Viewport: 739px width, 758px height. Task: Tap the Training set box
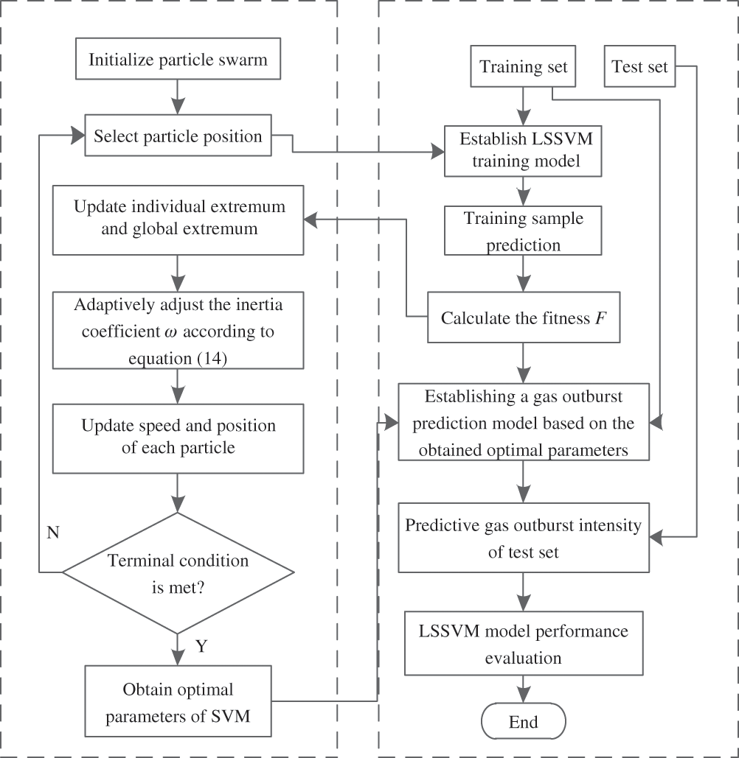(524, 67)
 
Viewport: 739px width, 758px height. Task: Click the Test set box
(640, 67)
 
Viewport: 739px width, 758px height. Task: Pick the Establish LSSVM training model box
(524, 150)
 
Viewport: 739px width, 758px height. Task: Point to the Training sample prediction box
(524, 231)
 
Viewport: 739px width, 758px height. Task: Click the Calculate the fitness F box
(524, 318)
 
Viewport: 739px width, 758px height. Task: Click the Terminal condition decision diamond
(178, 571)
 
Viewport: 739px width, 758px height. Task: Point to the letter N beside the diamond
(53, 533)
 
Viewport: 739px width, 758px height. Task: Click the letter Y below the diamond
(201, 646)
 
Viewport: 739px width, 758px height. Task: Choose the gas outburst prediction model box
(524, 423)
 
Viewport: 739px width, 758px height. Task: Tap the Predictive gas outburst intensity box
(524, 538)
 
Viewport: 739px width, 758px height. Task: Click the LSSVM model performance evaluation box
(524, 644)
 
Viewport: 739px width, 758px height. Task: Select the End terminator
(524, 722)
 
